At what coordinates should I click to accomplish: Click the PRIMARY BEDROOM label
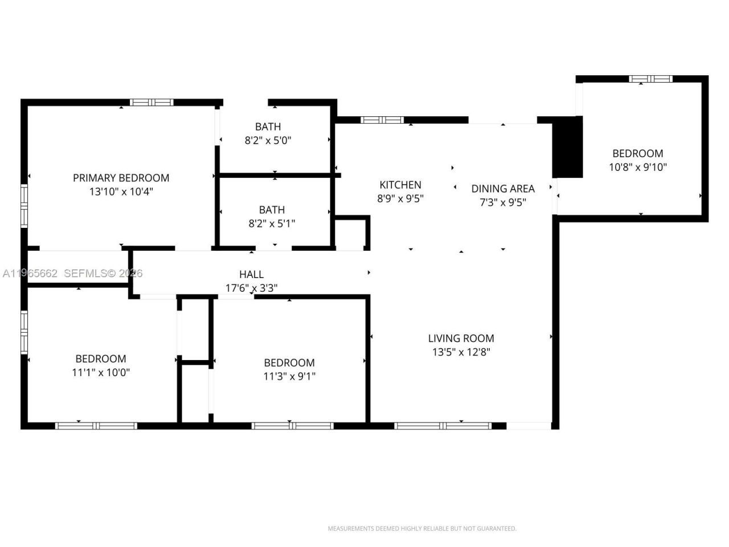(x=121, y=178)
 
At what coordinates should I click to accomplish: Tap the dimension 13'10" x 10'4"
(x=121, y=192)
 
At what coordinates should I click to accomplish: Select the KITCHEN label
(x=400, y=185)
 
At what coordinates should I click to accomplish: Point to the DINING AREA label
(x=502, y=189)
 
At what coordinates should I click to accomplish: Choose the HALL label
(x=251, y=275)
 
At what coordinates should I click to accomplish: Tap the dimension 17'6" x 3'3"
(x=251, y=288)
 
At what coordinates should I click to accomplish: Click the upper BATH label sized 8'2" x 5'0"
(x=268, y=126)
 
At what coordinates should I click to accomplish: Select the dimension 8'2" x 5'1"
(x=272, y=224)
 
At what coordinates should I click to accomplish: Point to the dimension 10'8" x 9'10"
(x=637, y=167)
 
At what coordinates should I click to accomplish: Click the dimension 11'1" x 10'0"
(x=101, y=373)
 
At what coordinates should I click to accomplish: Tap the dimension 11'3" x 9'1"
(x=289, y=376)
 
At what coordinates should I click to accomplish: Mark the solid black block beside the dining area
(x=568, y=148)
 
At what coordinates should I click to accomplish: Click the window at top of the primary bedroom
(x=151, y=103)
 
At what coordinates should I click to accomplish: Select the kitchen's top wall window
(x=382, y=120)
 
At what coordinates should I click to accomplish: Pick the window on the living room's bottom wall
(x=443, y=426)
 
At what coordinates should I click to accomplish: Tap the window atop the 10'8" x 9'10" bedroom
(x=650, y=79)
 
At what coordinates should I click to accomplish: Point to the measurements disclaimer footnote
(x=421, y=529)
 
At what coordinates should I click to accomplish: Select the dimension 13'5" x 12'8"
(x=461, y=352)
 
